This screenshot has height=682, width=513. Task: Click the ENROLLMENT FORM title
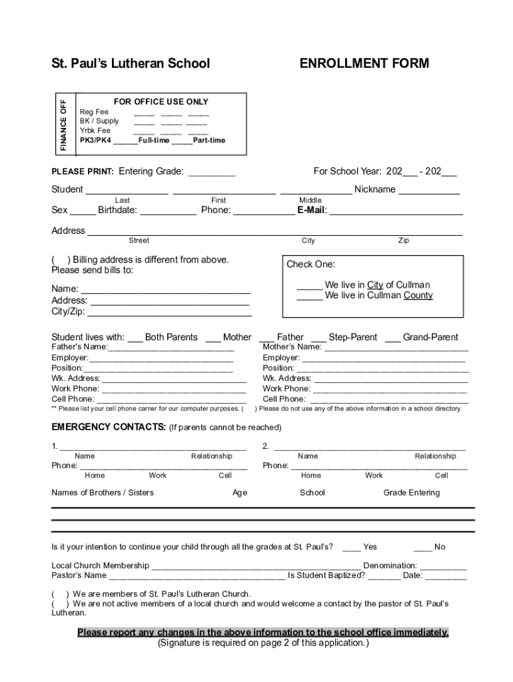click(x=364, y=63)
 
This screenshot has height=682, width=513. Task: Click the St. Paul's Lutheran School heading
click(x=131, y=63)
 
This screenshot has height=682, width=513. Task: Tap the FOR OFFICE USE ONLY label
click(x=161, y=102)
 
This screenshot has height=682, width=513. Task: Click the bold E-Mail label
click(x=311, y=210)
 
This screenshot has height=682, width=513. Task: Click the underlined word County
click(x=418, y=296)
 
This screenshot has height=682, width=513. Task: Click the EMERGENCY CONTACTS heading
click(x=109, y=427)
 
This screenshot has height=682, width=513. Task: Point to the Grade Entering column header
click(x=411, y=493)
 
